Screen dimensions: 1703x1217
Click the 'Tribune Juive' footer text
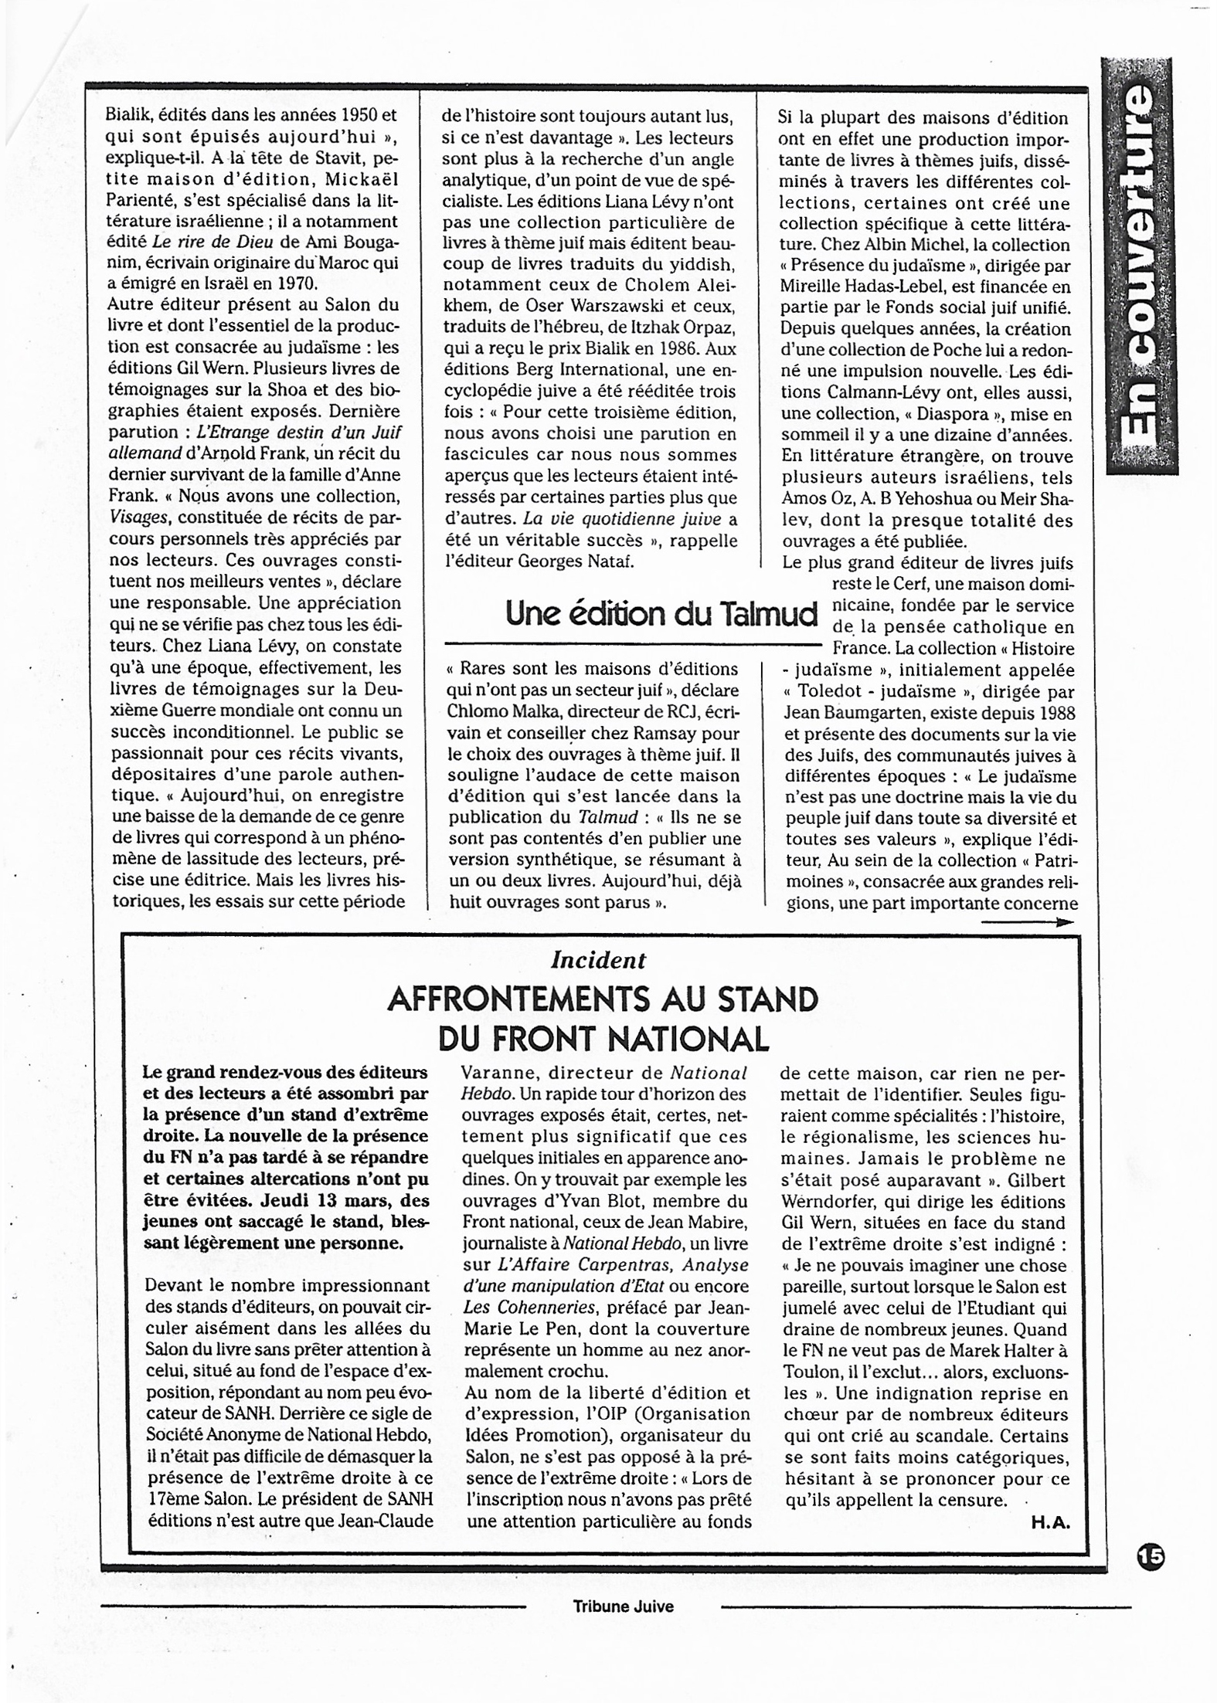point(623,1606)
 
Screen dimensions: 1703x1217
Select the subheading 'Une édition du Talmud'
point(661,615)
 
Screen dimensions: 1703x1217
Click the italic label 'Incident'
point(598,960)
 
